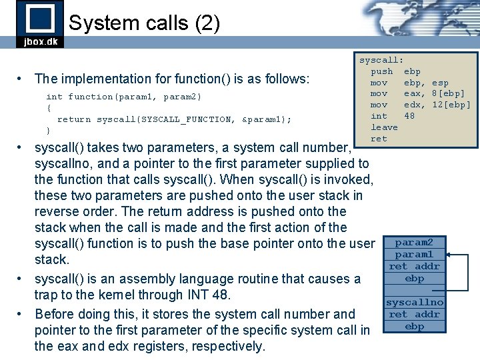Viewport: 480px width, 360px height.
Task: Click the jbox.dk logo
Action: (39, 24)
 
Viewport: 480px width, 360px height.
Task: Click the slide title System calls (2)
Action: (144, 23)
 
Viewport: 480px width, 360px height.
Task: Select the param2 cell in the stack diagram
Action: (414, 243)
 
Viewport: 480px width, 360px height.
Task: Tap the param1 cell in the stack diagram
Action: (414, 255)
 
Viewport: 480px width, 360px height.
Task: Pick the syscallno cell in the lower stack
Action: (414, 303)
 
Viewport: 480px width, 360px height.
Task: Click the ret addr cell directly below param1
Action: (414, 267)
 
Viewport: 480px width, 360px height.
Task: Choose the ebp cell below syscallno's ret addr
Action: (414, 327)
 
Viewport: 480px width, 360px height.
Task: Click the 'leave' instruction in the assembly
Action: (384, 127)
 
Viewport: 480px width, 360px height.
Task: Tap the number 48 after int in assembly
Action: (409, 116)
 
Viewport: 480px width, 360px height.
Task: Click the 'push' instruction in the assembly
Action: (381, 71)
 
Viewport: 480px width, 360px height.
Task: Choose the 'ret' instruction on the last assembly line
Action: (379, 139)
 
